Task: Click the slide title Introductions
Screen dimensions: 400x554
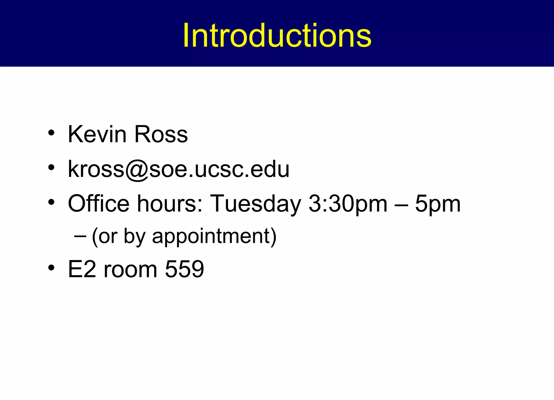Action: pyautogui.click(x=277, y=35)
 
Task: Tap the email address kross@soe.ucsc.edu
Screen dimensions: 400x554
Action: pyautogui.click(x=179, y=169)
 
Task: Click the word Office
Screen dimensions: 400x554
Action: pyautogui.click(x=99, y=203)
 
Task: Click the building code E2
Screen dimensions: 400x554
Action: pyautogui.click(x=82, y=269)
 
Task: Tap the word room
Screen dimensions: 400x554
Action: pyautogui.click(x=130, y=270)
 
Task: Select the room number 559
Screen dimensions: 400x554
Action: pyautogui.click(x=184, y=269)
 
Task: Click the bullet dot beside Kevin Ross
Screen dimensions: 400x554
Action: pyautogui.click(x=51, y=133)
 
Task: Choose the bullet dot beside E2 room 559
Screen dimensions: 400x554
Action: pyautogui.click(x=51, y=268)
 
